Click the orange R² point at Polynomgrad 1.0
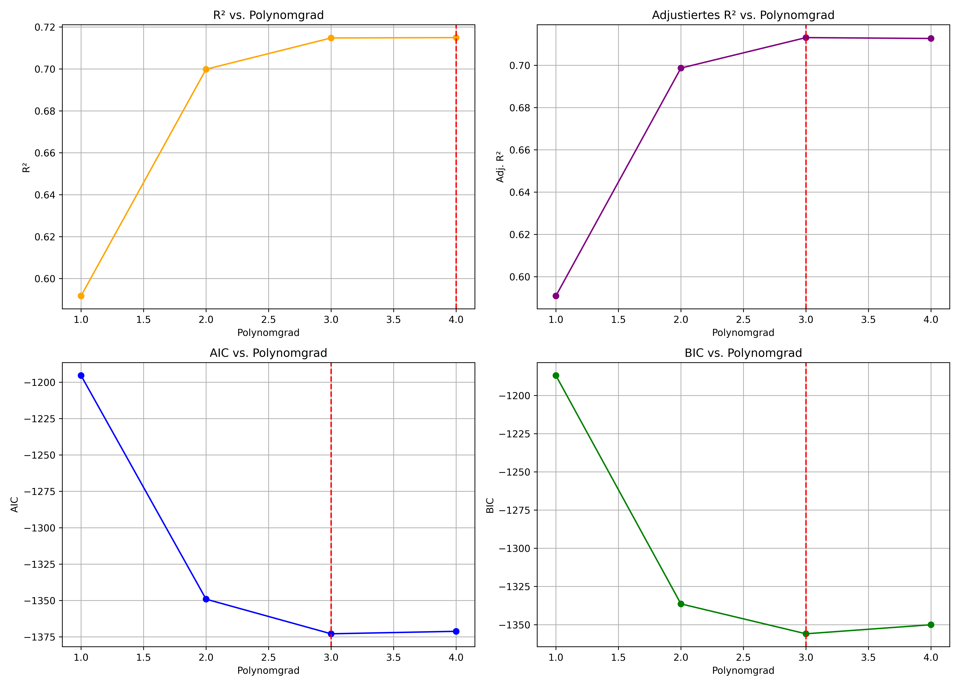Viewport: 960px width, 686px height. coord(81,296)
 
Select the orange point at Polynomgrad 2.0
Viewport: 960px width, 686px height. coord(206,69)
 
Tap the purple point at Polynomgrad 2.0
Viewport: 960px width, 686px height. coord(681,68)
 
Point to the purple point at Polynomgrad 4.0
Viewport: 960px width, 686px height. coord(931,38)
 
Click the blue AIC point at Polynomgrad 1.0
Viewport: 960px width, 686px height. coord(81,375)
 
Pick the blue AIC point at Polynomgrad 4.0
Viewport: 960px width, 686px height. coord(456,631)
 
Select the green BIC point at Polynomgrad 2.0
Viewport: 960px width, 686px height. coord(681,604)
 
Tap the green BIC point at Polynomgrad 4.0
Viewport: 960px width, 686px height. coord(931,625)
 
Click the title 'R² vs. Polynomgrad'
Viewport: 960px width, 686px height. coord(268,15)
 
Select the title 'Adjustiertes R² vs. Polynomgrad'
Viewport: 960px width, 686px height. coord(743,15)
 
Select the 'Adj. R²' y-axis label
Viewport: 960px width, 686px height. coord(500,167)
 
